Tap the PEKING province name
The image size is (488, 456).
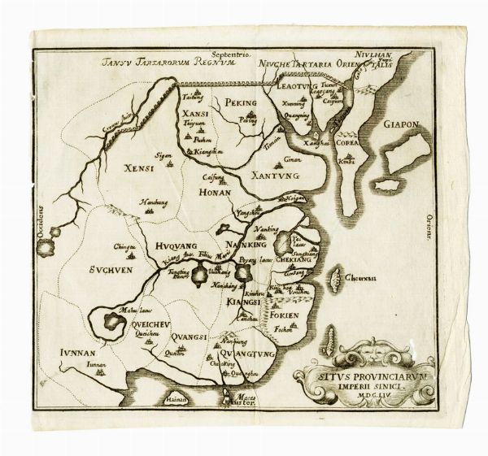tap(241, 103)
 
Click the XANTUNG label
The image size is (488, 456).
tap(275, 174)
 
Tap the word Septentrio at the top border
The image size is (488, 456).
tap(229, 51)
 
